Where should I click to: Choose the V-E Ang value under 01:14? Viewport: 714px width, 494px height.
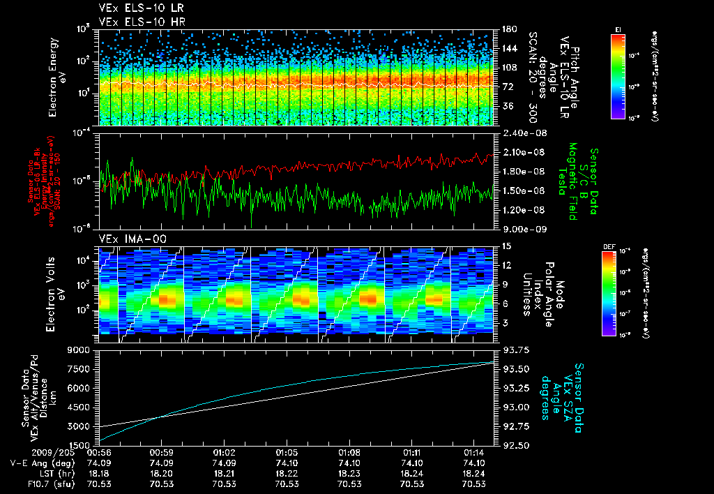coord(474,463)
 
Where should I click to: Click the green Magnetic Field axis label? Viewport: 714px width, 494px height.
coord(572,181)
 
